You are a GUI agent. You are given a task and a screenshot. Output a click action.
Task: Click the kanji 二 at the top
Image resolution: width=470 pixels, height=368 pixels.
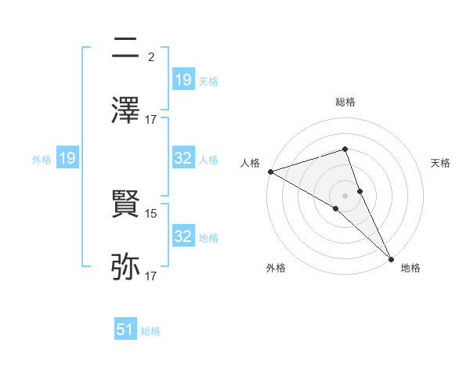coord(126,49)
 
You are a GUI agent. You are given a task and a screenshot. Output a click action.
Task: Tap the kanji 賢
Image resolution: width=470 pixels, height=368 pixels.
coord(126,204)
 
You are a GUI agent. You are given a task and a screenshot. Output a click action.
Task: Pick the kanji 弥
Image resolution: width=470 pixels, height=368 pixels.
coord(126,266)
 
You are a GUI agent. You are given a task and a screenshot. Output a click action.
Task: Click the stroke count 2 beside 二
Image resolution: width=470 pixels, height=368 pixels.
coord(150,57)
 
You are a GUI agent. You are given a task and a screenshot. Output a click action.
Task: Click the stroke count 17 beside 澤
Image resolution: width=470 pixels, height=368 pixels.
coord(152,120)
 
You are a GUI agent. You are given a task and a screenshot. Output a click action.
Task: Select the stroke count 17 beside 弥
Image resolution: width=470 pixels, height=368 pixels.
coord(152,276)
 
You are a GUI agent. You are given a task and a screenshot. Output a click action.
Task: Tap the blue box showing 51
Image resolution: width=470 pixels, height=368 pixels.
coord(125,330)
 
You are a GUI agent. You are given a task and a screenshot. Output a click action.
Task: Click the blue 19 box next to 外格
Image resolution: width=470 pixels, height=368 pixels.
coord(67,159)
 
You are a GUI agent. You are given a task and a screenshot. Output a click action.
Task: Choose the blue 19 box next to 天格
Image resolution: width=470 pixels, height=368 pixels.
coord(183,79)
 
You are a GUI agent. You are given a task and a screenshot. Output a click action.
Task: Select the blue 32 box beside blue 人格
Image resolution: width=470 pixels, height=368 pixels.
coord(183,159)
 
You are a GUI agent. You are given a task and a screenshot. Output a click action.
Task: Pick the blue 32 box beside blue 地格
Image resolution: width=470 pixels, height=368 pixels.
coord(183,236)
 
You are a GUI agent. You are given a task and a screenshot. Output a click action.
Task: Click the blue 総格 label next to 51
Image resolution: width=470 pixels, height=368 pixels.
coord(150,331)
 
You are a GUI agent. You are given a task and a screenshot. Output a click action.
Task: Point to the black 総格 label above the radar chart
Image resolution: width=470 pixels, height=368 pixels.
coord(345,102)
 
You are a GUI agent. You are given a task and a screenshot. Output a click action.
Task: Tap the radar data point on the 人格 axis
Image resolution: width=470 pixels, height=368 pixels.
coord(270,171)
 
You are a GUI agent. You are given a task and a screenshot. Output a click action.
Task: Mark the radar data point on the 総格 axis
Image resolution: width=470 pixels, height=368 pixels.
coord(345,149)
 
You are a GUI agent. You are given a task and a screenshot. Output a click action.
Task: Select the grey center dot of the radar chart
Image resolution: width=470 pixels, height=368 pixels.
coord(345,195)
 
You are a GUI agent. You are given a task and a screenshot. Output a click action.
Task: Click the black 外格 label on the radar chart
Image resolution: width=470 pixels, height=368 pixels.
coord(276,269)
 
